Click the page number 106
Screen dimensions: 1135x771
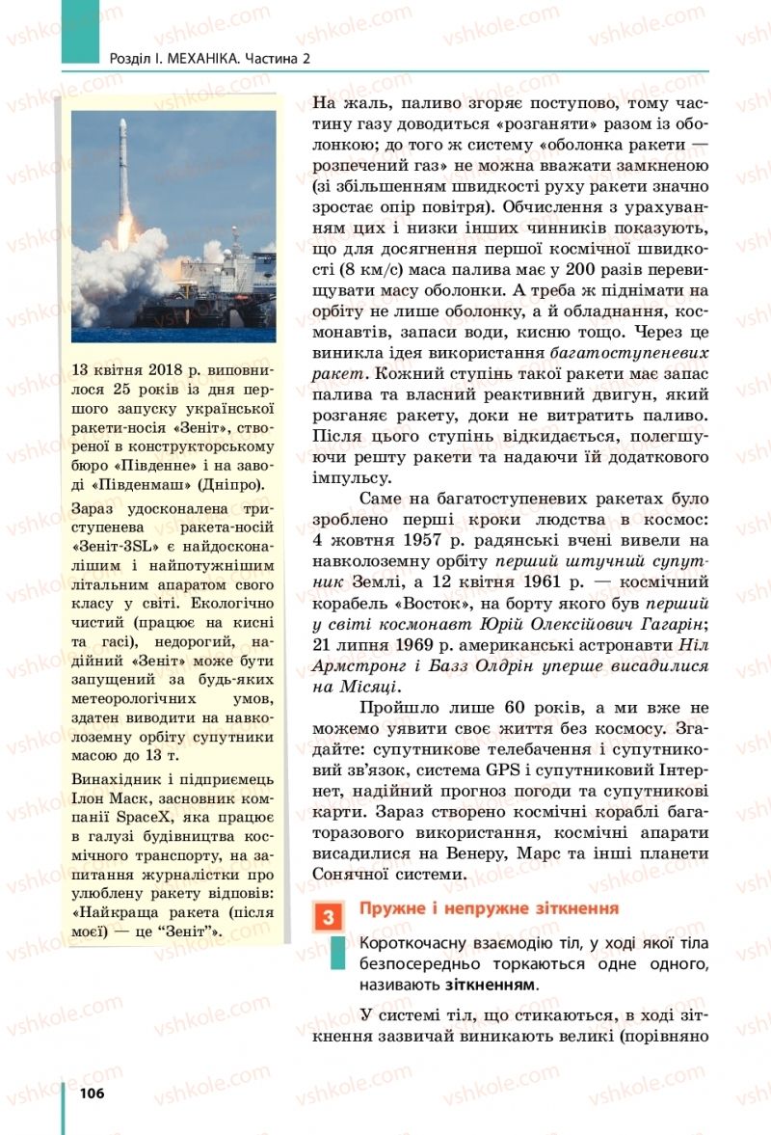(91, 1093)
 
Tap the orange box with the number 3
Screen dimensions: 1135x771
(328, 916)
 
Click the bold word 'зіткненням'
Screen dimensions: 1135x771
(490, 986)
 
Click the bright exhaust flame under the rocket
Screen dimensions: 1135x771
(123, 241)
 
